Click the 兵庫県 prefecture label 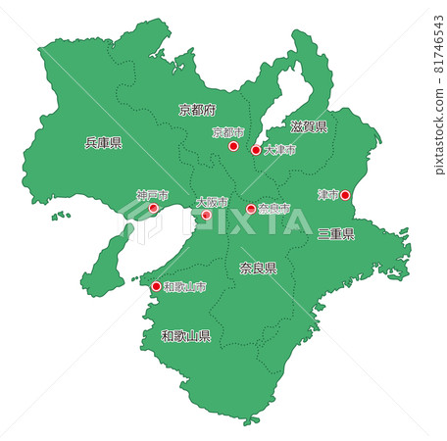(103, 143)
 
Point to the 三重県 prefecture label (336, 234)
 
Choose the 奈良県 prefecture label (258, 268)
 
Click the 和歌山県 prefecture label (186, 336)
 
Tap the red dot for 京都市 (233, 146)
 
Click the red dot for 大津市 (256, 151)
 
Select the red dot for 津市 (344, 195)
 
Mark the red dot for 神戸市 (153, 208)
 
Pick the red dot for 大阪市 (206, 215)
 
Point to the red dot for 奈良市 (251, 209)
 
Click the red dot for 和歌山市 (157, 287)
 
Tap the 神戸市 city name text (152, 195)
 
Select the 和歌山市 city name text (185, 287)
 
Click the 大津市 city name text (278, 150)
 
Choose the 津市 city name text (327, 195)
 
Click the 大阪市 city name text (211, 202)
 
